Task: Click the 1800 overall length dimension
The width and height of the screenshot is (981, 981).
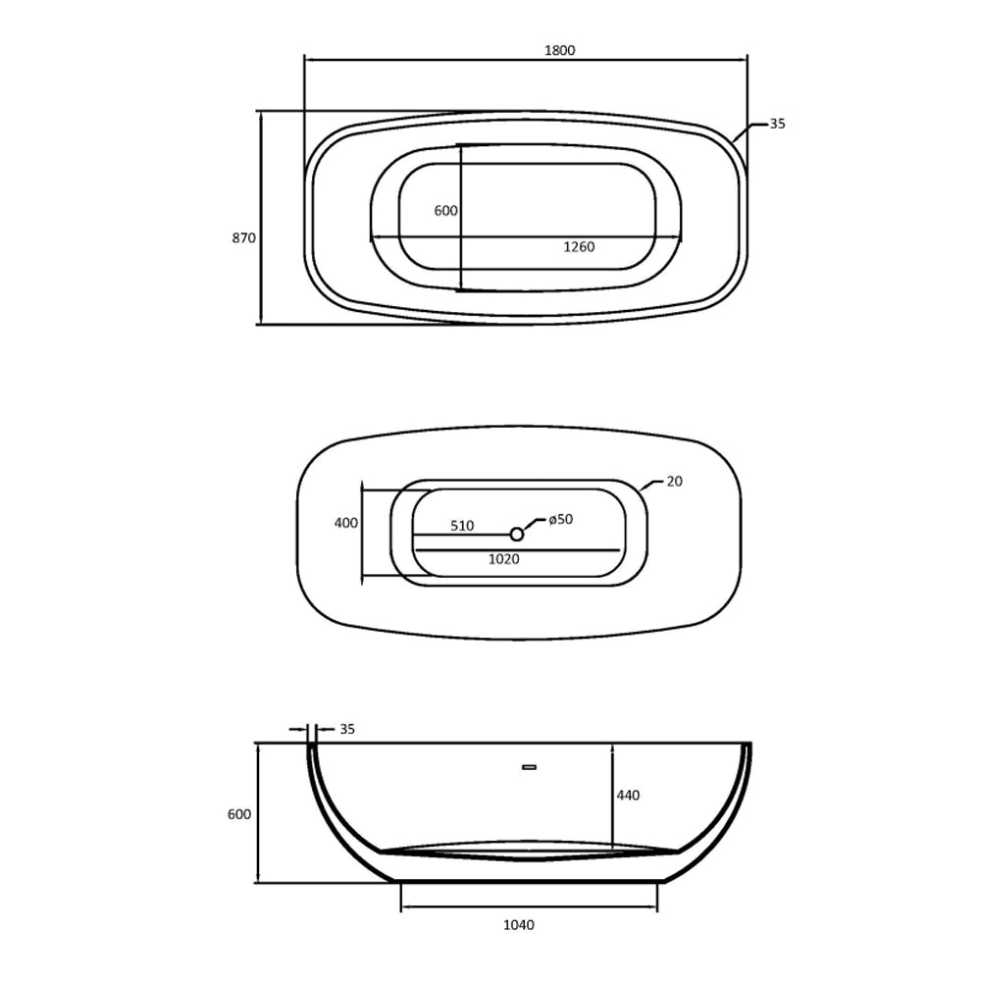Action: coord(559,50)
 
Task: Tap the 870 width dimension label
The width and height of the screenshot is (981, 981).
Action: coord(244,237)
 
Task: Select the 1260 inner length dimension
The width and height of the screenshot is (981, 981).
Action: coord(579,247)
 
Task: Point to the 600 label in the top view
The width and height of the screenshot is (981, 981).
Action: coord(446,211)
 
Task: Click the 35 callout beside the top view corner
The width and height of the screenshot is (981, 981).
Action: coord(777,124)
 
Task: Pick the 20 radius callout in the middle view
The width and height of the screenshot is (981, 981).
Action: coord(674,482)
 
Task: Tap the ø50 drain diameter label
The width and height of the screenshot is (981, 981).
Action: coord(560,519)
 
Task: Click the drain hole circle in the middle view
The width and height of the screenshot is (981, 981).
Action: coord(517,534)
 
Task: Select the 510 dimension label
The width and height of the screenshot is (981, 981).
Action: coord(462,526)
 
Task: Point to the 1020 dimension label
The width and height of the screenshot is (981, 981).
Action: coord(503,559)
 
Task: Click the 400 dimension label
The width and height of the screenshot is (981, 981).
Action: coord(346,523)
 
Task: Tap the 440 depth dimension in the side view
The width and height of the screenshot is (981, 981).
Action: coord(628,795)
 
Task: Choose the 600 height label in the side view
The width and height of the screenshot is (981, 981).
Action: coord(239,814)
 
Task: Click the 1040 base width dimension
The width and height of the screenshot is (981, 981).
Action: coord(518,924)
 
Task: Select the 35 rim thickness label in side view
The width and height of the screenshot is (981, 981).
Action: coord(347,729)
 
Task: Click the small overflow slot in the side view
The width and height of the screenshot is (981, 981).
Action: coord(529,766)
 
